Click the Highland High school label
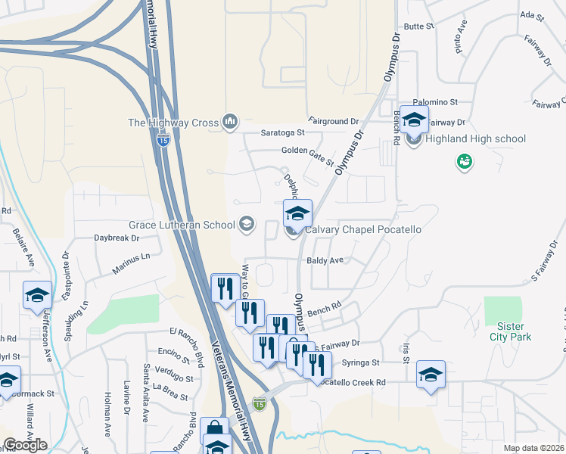[475, 139]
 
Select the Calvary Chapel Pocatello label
[362, 229]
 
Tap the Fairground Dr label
[333, 121]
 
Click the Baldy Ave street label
[325, 260]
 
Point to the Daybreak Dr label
[117, 238]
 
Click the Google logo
[25, 445]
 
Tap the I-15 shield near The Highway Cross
[163, 141]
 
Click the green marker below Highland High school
[464, 161]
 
